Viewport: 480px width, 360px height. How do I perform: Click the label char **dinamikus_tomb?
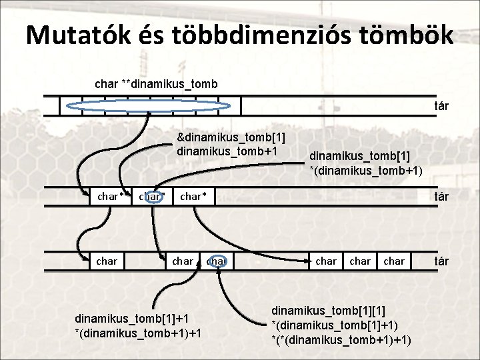point(156,84)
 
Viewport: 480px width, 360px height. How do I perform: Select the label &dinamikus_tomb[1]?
point(231,137)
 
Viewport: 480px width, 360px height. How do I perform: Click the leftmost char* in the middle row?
point(111,196)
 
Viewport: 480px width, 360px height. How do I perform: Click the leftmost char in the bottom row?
point(107,261)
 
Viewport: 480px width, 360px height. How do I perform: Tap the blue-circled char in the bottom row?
point(217,261)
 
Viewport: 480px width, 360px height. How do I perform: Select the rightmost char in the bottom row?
point(394,261)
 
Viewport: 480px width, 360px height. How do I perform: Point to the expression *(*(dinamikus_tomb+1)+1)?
point(341,339)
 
